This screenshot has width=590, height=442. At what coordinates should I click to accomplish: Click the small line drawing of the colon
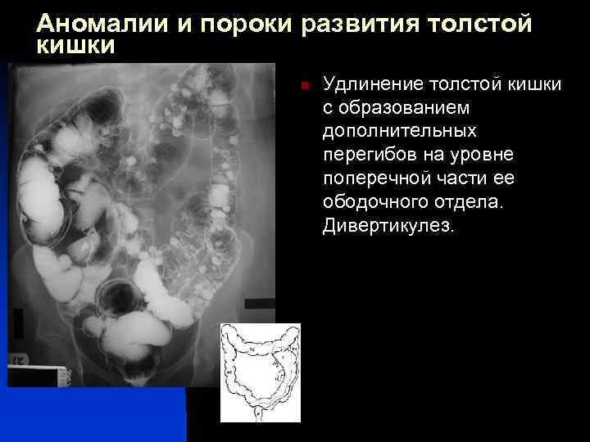260,372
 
